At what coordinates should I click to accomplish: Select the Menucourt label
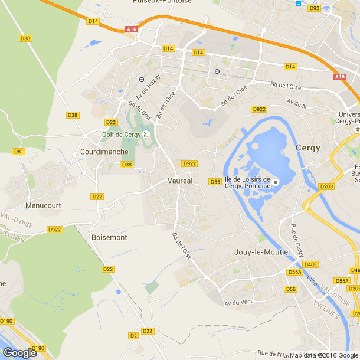point(43,205)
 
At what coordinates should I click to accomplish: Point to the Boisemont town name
point(109,237)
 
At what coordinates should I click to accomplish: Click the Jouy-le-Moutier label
point(263,252)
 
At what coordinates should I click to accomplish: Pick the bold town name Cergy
point(308,148)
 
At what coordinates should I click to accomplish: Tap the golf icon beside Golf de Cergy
point(146,135)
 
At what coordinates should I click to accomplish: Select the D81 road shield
point(19,152)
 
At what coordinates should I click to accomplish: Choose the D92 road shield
point(314,8)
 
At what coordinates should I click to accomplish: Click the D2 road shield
point(133,335)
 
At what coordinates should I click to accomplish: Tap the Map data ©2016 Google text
point(324,355)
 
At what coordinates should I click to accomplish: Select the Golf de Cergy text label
point(121,135)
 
